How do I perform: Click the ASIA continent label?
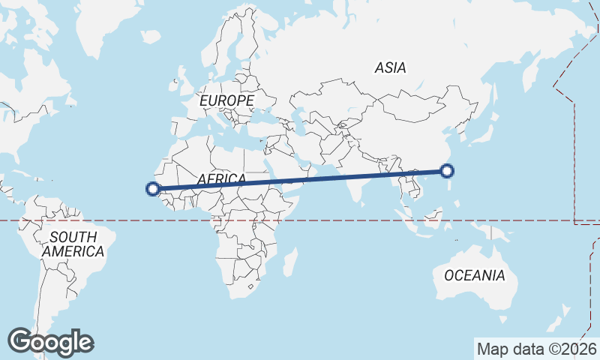pyautogui.click(x=390, y=67)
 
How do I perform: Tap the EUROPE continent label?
pyautogui.click(x=226, y=100)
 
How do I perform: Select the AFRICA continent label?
pyautogui.click(x=221, y=178)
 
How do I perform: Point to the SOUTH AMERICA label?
pyautogui.click(x=73, y=244)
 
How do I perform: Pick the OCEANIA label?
pyautogui.click(x=474, y=275)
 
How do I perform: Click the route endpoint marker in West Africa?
pyautogui.click(x=154, y=189)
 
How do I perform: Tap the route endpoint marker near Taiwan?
pyautogui.click(x=447, y=171)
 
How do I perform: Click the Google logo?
pyautogui.click(x=50, y=342)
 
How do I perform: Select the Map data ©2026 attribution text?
pyautogui.click(x=536, y=349)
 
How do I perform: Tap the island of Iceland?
pyautogui.click(x=151, y=35)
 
